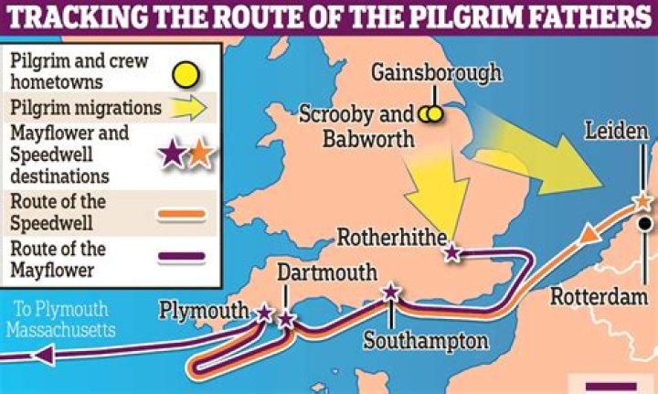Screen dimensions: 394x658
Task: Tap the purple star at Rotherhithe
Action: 451,253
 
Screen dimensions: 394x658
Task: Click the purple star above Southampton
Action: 391,292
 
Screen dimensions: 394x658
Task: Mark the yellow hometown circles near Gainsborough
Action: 431,115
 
